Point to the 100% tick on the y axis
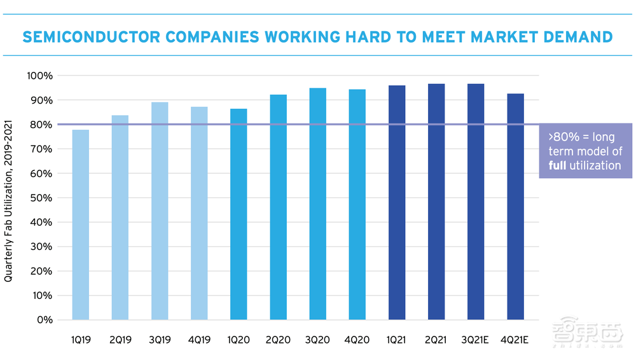pos(41,76)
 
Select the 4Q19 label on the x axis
pos(199,340)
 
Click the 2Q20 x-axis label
pos(279,340)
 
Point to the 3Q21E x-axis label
pos(476,340)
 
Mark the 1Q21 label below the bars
pos(397,340)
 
